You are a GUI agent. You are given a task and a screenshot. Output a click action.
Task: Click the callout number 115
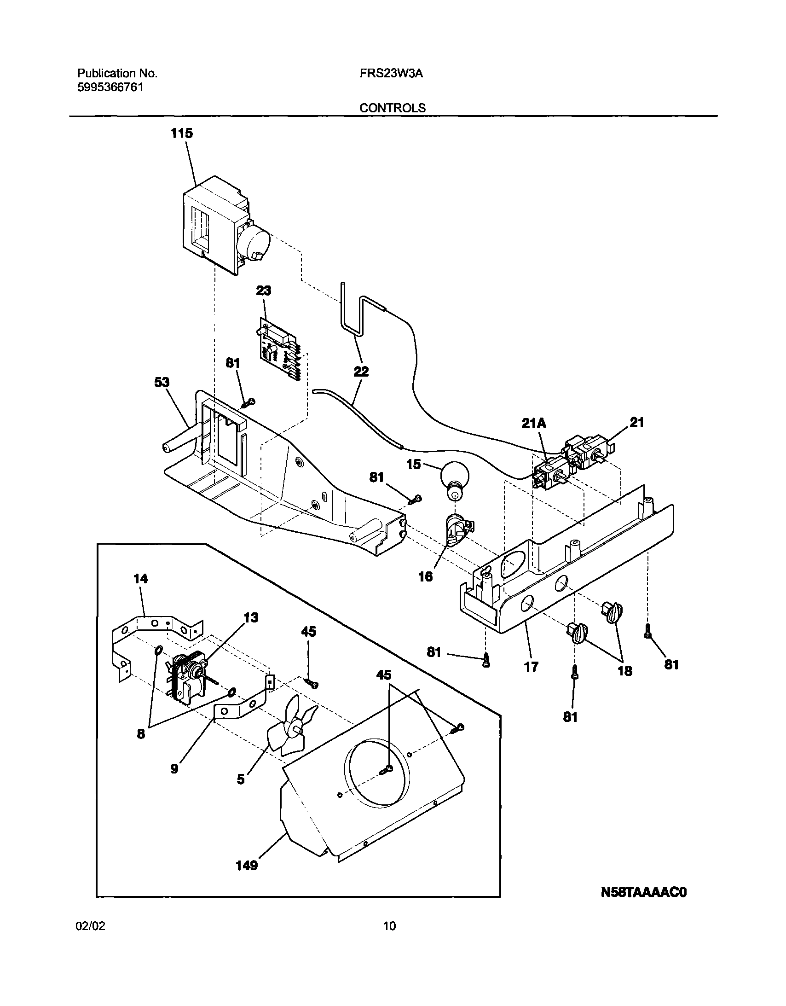(x=181, y=134)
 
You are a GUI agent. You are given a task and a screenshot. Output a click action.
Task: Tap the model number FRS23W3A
(x=391, y=74)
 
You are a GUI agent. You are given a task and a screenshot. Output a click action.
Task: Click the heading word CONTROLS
(x=392, y=108)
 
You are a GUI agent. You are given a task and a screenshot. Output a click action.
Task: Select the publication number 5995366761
(x=110, y=87)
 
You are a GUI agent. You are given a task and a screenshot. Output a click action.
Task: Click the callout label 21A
(x=534, y=423)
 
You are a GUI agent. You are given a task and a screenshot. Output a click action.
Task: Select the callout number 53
(x=162, y=382)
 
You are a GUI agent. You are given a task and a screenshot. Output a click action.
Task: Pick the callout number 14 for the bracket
(x=140, y=579)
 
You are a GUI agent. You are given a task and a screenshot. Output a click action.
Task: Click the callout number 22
(x=361, y=371)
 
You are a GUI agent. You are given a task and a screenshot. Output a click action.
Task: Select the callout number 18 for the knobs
(x=624, y=671)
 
